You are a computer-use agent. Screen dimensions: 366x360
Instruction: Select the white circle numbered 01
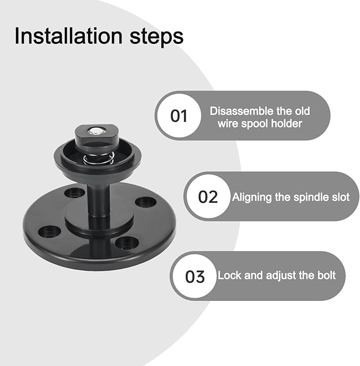click(x=179, y=115)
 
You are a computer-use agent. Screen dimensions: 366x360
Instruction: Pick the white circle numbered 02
click(x=208, y=197)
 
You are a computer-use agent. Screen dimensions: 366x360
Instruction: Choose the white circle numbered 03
click(x=195, y=276)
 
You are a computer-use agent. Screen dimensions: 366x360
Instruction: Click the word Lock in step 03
click(x=230, y=276)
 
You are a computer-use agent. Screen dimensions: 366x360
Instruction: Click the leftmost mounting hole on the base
click(x=51, y=230)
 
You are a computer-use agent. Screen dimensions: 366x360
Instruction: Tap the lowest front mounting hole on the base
click(x=127, y=243)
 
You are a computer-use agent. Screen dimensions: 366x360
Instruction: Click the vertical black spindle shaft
click(x=98, y=199)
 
